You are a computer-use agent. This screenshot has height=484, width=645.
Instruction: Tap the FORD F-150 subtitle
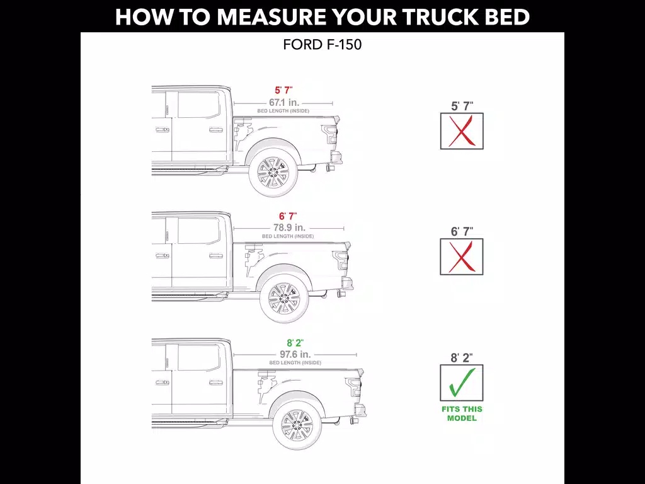point(322,45)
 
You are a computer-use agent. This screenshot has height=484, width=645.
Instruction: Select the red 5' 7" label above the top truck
point(284,90)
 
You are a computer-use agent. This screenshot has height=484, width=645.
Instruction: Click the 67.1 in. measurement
point(284,103)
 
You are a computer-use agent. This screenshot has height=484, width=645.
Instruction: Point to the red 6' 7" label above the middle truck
point(288,216)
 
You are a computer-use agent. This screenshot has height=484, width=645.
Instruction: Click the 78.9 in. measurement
point(289,228)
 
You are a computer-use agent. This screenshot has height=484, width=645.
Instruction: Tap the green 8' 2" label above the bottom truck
point(295,343)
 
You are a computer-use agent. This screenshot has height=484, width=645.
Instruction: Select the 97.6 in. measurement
point(295,354)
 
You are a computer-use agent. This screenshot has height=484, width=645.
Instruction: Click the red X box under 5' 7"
point(462,131)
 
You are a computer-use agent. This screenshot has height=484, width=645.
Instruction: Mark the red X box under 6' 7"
point(462,257)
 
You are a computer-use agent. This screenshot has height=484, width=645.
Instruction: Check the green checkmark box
point(462,383)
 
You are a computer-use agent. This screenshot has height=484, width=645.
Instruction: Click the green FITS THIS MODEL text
point(462,413)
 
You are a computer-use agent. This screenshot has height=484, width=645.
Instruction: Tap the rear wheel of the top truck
point(273,173)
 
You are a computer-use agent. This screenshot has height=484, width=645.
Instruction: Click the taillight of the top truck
point(330,134)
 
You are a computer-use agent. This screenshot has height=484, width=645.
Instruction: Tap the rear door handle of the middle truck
point(216,256)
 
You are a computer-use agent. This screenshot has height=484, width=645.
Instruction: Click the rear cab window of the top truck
point(198,105)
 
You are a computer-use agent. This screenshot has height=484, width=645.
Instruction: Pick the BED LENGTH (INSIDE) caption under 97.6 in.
point(295,362)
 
